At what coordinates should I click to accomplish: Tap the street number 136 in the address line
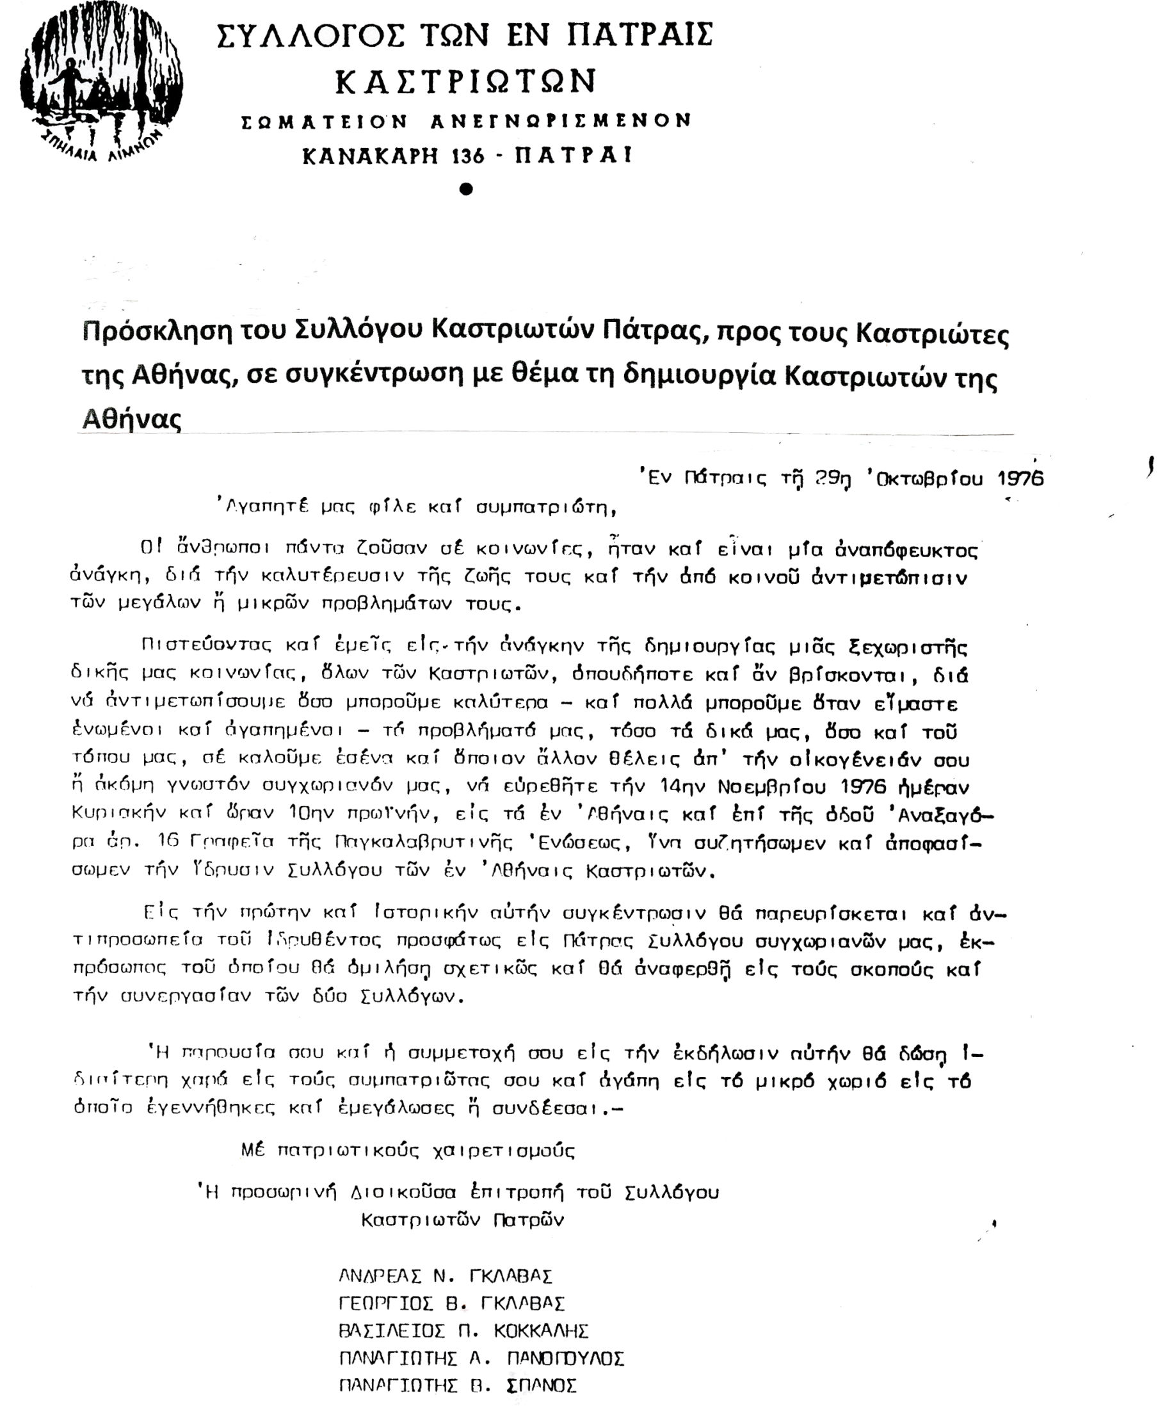(467, 156)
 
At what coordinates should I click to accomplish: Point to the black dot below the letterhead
(466, 189)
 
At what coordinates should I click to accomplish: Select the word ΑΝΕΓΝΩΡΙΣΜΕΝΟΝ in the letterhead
(561, 122)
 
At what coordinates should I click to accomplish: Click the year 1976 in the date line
(1020, 478)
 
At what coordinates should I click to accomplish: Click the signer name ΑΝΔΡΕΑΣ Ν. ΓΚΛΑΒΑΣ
(446, 1276)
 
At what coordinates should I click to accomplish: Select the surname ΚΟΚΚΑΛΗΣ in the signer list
(541, 1330)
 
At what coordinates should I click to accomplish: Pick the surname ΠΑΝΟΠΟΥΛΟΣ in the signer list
(565, 1358)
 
